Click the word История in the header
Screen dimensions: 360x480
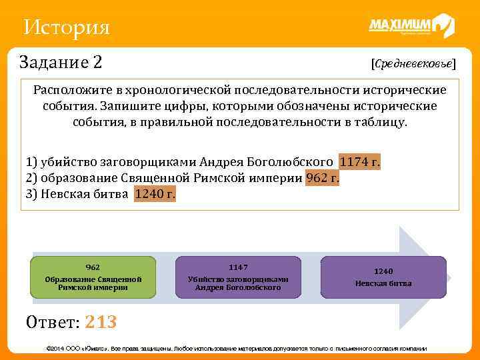tap(65, 27)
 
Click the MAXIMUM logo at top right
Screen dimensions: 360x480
tap(411, 27)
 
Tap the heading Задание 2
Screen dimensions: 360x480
tap(61, 63)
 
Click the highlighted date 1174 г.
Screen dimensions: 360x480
tap(359, 163)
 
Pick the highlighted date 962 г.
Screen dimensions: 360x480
tap(322, 178)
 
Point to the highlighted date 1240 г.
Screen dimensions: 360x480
tap(155, 194)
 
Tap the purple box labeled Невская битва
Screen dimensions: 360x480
tap(383, 277)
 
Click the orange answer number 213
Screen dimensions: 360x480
tap(101, 323)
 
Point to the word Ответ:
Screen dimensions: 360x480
tap(53, 323)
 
